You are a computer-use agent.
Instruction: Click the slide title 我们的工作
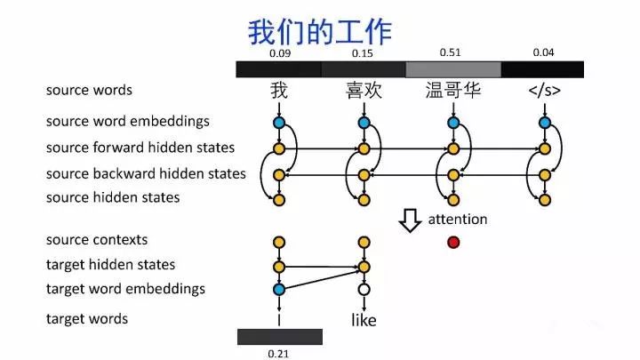(319, 31)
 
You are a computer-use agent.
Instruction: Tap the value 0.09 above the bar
(279, 54)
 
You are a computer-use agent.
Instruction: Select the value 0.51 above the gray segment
(451, 52)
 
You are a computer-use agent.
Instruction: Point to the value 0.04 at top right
(543, 52)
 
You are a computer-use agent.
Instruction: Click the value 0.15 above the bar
(363, 54)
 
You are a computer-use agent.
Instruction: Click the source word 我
(279, 91)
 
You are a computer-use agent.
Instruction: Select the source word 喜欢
(363, 91)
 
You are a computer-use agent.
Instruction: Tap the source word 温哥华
(453, 91)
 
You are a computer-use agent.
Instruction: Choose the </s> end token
(543, 91)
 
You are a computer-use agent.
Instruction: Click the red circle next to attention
(453, 242)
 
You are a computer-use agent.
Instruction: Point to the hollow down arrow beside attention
(409, 220)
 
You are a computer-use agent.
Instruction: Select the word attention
(458, 219)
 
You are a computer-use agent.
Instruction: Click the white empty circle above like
(364, 289)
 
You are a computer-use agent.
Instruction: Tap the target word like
(364, 319)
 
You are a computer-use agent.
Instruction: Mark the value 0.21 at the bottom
(279, 354)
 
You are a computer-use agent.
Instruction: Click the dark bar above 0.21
(279, 336)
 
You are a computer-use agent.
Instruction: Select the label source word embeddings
(127, 121)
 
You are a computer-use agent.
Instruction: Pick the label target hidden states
(110, 265)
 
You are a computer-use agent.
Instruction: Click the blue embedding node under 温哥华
(453, 123)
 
